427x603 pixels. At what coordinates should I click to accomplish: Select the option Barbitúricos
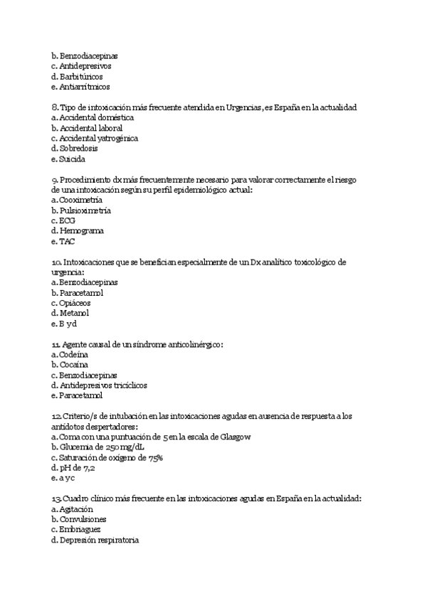(x=81, y=76)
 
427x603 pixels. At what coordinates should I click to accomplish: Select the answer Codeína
(x=73, y=354)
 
